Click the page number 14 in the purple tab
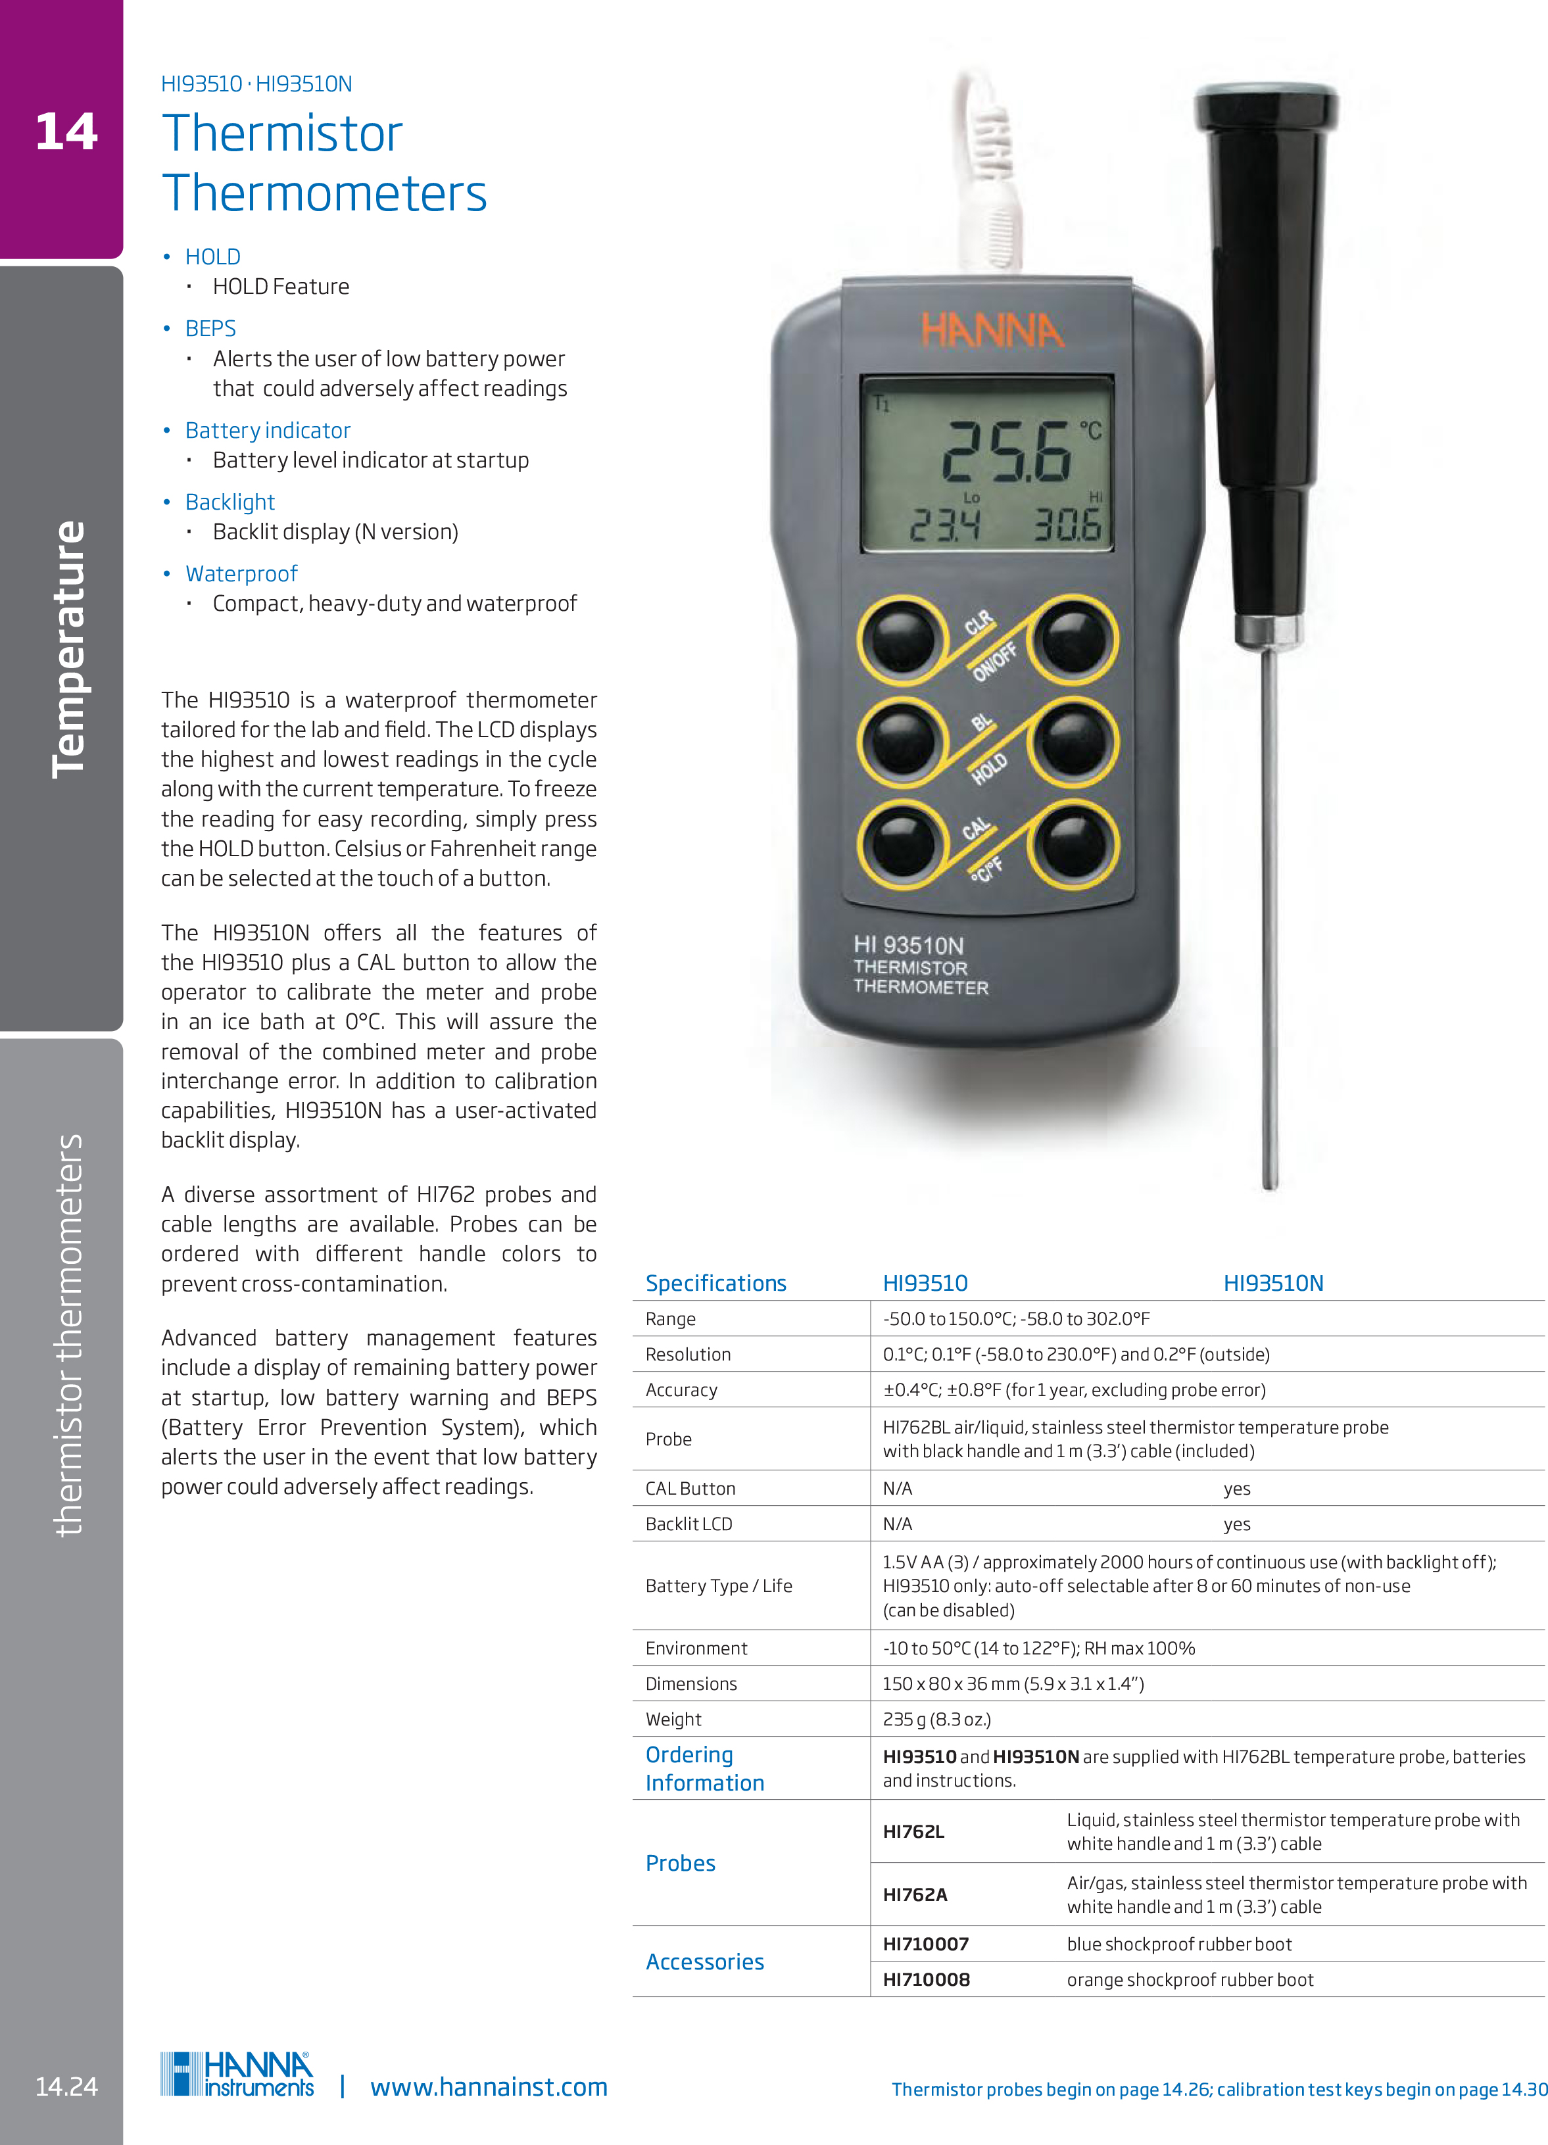[x=66, y=132]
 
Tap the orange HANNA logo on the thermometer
[x=992, y=331]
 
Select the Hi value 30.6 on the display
[x=1067, y=525]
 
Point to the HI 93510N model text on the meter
[x=907, y=945]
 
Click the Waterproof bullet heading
[x=241, y=574]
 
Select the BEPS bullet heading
[x=210, y=328]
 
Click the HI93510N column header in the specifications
[x=1273, y=1284]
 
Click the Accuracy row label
[x=681, y=1390]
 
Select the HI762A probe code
[x=915, y=1894]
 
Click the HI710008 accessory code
[x=926, y=1979]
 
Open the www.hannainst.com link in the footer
[x=488, y=2087]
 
